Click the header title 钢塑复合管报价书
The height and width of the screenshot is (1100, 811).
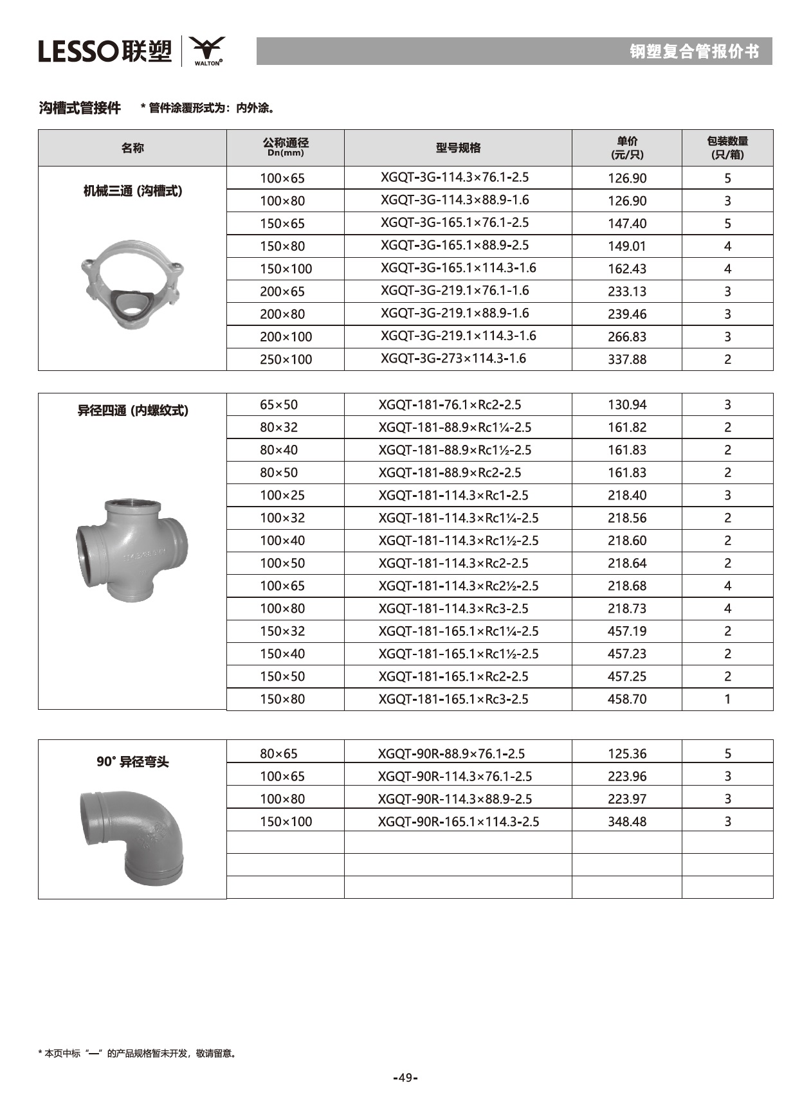694,51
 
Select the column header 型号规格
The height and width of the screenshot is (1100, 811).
458,148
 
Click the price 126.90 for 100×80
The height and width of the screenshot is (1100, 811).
627,201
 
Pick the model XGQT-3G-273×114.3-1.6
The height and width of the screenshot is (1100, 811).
453,359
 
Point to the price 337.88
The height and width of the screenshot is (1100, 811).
627,359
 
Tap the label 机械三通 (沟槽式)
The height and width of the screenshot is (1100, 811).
132,191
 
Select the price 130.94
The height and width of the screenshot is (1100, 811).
627,405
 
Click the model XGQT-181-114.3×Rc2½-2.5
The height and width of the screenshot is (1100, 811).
458,586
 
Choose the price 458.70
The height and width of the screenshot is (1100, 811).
627,699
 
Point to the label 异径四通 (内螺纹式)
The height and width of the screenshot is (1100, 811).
132,411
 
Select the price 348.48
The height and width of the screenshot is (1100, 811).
627,822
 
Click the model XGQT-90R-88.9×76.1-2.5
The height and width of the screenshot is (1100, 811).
451,754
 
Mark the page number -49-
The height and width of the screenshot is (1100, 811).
405,1077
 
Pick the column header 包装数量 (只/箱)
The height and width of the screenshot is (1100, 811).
727,148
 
